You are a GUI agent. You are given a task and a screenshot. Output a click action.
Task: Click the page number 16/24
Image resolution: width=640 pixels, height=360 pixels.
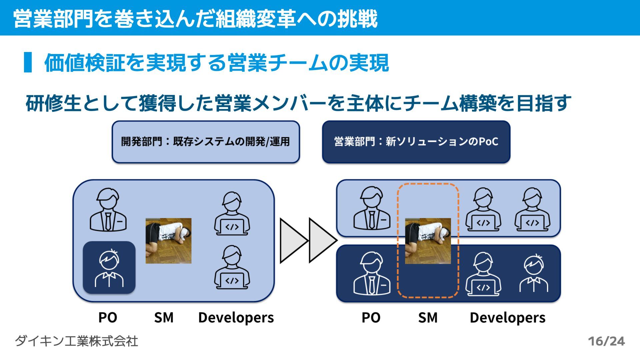pos(606,341)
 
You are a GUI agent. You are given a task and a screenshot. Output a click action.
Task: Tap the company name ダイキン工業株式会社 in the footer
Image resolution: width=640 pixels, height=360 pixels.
pos(76,341)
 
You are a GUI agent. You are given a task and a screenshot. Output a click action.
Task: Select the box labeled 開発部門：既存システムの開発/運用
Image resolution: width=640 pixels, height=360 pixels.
pos(206,142)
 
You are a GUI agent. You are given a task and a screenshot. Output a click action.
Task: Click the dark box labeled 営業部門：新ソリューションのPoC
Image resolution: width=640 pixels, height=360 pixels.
pos(416,142)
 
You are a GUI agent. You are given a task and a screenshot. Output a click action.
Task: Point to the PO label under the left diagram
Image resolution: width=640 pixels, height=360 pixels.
pos(108,318)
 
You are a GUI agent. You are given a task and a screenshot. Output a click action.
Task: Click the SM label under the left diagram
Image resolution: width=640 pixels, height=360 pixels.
pos(164,318)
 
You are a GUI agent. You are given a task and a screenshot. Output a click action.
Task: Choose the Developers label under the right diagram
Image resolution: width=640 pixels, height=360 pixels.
pos(507,318)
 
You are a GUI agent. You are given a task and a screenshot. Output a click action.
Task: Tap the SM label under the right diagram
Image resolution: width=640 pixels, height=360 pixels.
pos(428,318)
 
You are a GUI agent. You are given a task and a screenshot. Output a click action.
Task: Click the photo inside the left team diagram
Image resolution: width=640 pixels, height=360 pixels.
pos(168,241)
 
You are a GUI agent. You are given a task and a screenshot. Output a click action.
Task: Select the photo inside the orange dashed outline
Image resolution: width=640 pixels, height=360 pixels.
pos(428,241)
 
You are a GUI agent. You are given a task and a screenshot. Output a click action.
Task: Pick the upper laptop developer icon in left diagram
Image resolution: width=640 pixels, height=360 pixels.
pos(232,213)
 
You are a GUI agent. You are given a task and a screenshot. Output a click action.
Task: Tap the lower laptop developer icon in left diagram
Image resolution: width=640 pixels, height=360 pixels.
pos(232,267)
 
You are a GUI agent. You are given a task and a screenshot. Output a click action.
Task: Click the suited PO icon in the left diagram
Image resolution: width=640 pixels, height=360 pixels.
pos(108,210)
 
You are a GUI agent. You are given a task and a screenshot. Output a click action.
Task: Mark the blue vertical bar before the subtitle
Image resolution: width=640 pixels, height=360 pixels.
pos(28,62)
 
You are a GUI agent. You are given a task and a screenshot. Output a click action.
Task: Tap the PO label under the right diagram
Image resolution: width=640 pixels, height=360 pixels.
pos(371,318)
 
